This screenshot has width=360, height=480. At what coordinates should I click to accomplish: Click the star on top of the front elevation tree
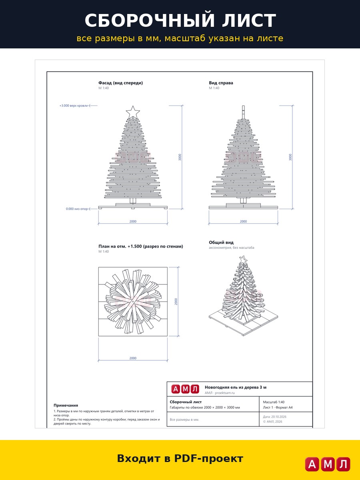(133, 112)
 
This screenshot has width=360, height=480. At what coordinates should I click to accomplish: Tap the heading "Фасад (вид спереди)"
(120, 83)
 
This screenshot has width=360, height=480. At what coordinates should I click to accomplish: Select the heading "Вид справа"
(221, 83)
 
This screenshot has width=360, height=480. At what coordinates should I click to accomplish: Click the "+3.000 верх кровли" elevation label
(74, 106)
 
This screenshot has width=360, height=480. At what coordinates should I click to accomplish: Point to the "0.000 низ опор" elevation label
(77, 209)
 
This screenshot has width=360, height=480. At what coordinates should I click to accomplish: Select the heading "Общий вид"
(221, 242)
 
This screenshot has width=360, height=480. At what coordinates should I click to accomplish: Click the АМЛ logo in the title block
(185, 389)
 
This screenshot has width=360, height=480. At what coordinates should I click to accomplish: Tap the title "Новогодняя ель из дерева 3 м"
(236, 387)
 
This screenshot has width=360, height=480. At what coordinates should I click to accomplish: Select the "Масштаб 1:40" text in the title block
(274, 402)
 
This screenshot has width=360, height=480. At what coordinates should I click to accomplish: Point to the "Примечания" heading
(66, 405)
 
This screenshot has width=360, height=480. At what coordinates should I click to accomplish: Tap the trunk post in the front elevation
(133, 201)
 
